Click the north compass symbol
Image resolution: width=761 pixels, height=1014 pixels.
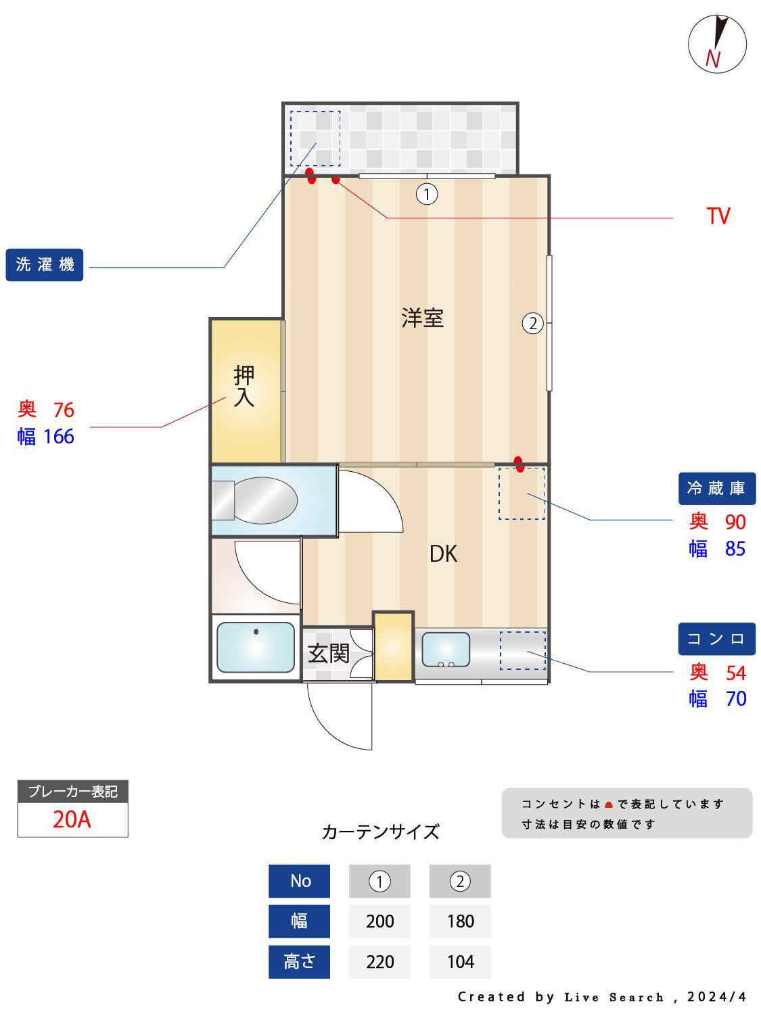coord(717,44)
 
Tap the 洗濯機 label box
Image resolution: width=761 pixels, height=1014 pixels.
coord(45,264)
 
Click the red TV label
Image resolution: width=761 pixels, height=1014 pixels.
coord(718,216)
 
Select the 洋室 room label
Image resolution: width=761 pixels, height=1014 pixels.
coord(422,318)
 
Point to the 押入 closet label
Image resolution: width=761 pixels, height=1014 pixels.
coord(244,386)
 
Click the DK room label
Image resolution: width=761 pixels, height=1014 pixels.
coord(443,554)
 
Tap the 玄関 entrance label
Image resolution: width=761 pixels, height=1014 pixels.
coord(328,654)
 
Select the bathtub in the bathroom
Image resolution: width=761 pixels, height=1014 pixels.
coord(255,648)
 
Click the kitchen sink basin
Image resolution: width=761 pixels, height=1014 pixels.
coord(446,649)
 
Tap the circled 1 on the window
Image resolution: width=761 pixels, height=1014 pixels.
coord(427,195)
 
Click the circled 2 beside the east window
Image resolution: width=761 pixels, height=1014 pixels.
coord(533,324)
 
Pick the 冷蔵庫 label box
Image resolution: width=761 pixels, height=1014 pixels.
coord(716,488)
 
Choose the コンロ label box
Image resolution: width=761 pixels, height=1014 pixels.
coord(716,639)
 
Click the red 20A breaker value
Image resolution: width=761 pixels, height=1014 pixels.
coord(72,819)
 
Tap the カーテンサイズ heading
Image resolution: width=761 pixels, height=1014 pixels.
coord(380,831)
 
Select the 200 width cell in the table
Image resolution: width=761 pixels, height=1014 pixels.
coord(379,921)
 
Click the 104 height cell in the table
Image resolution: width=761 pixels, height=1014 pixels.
coord(460,961)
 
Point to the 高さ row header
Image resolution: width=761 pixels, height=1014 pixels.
coord(299,961)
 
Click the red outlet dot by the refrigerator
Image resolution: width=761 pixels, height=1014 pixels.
coord(519,464)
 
